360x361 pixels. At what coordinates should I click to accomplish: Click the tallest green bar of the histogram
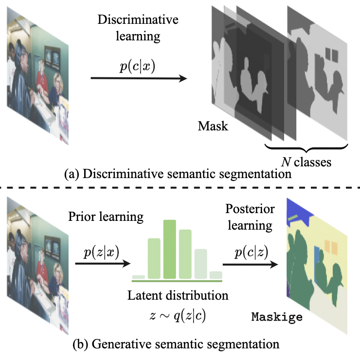tap(169, 249)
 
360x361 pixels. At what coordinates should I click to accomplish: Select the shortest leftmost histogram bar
tap(138, 277)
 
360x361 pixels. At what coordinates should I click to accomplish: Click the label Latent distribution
tap(178, 295)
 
